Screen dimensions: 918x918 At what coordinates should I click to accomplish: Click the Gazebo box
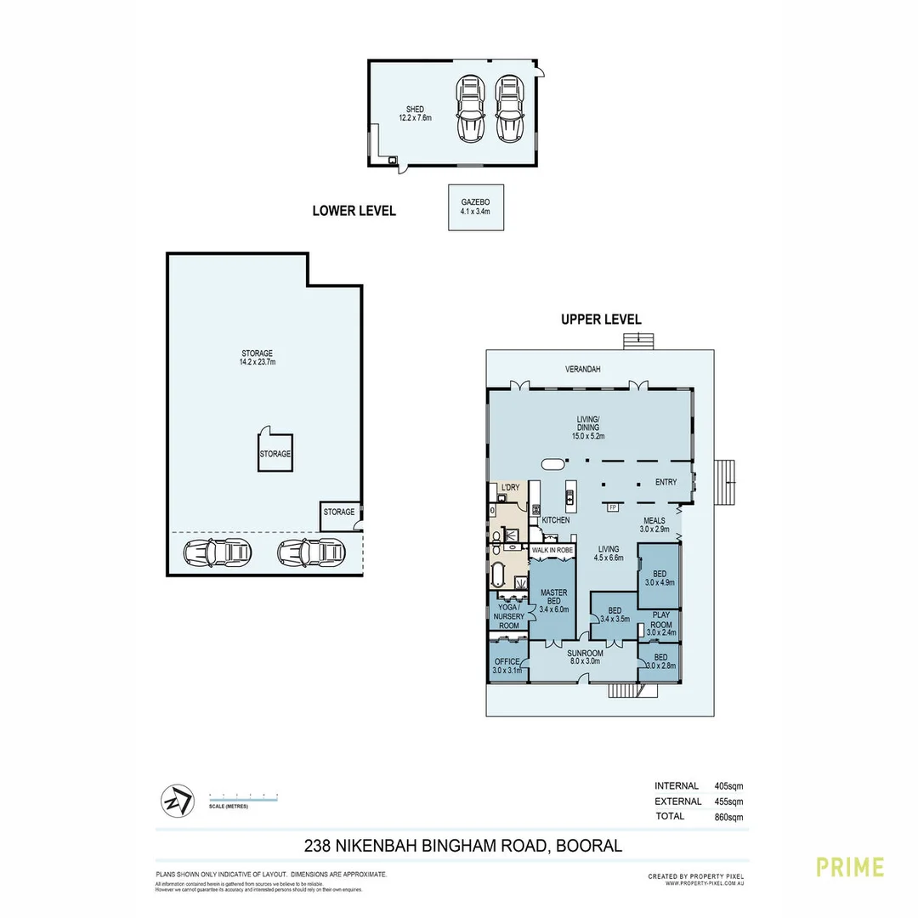476,207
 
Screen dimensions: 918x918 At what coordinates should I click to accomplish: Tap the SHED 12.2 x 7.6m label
415,114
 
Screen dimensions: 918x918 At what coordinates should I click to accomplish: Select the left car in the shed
470,109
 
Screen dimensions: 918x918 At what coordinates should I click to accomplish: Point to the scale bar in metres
243,796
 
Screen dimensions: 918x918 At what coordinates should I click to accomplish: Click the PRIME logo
850,867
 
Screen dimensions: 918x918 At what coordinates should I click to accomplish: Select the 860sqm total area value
728,817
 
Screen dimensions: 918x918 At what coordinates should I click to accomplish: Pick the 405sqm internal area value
728,786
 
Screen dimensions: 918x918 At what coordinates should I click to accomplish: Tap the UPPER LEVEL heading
601,320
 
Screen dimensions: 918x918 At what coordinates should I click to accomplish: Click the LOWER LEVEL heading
354,211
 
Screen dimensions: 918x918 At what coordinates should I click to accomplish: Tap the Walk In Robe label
551,551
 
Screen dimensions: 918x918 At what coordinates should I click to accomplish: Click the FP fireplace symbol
612,507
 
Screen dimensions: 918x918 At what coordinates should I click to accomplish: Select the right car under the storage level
310,553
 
